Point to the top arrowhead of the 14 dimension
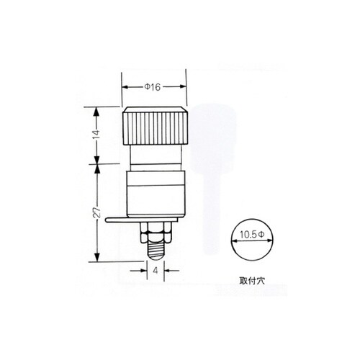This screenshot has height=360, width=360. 98,109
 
